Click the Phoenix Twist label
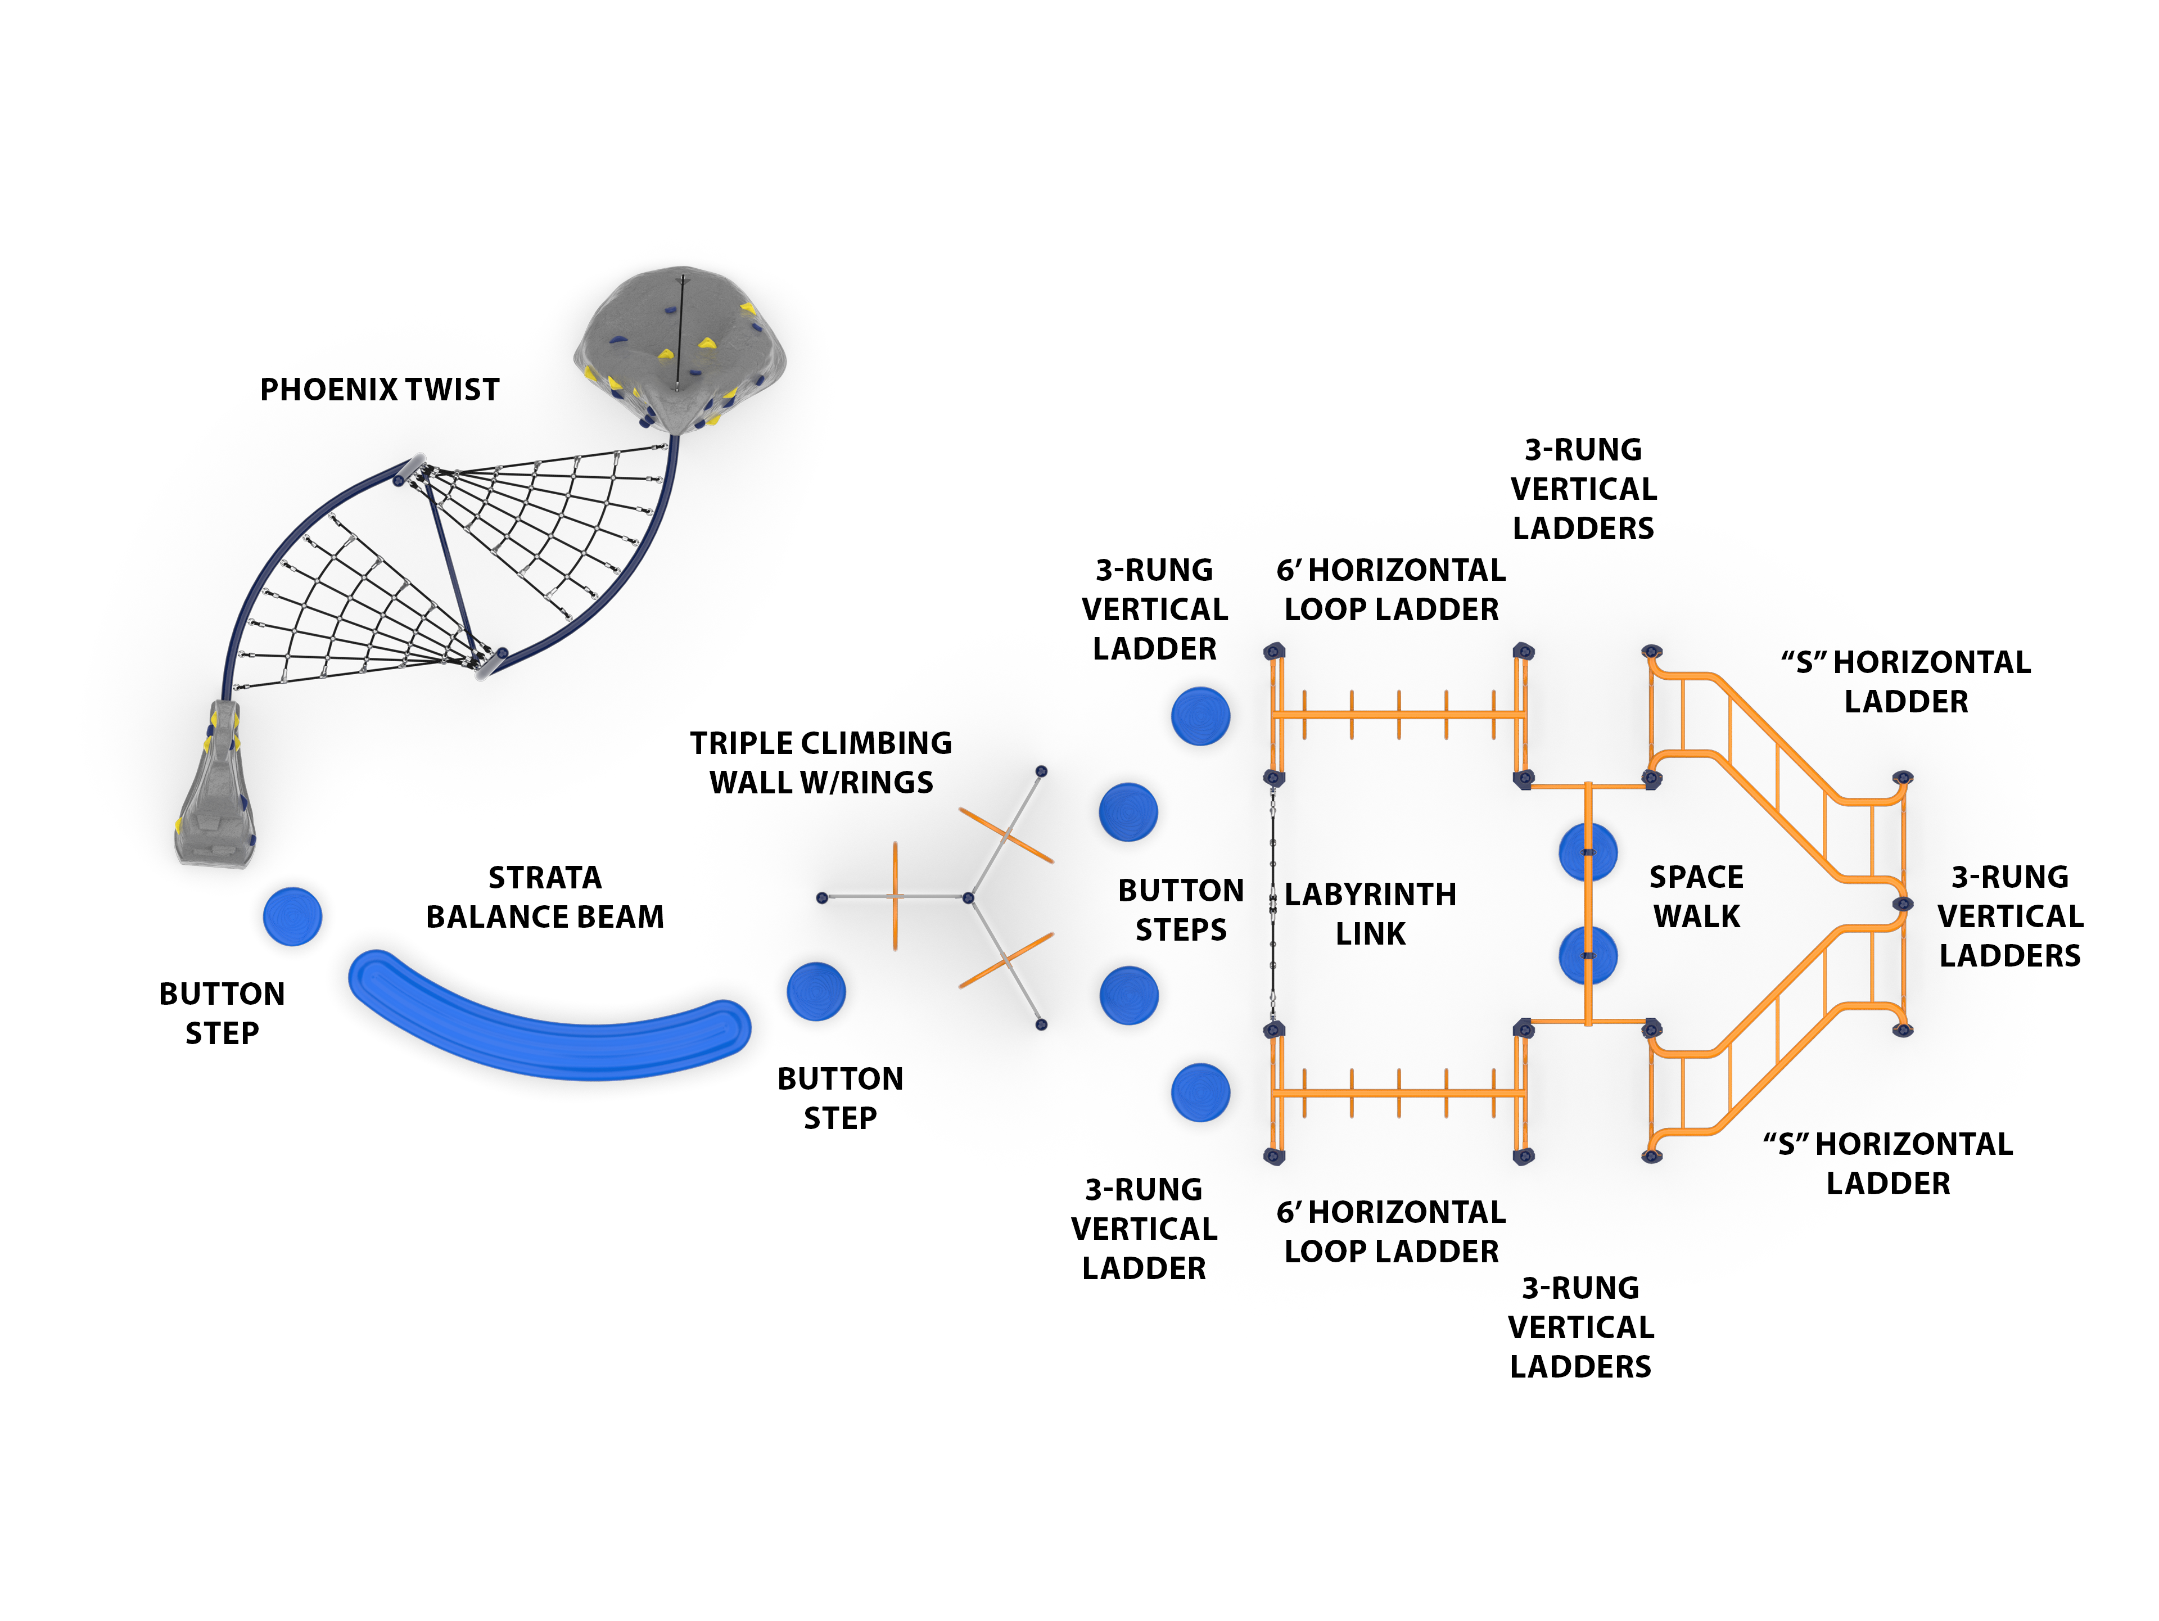[380, 390]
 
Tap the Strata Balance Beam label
[545, 897]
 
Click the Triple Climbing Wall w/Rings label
[821, 762]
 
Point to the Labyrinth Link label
[1370, 914]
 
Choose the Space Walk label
[1696, 896]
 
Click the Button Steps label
[1181, 910]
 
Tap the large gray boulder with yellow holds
[680, 349]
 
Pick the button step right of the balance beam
[816, 991]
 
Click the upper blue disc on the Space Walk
[1588, 852]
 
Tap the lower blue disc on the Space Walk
[1588, 955]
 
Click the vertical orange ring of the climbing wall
[895, 896]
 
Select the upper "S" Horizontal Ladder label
[1905, 681]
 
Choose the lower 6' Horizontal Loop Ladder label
[1391, 1231]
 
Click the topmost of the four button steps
[1200, 716]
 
